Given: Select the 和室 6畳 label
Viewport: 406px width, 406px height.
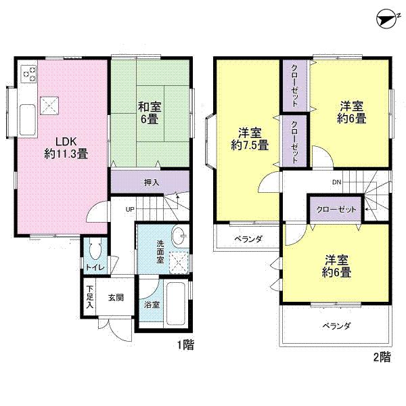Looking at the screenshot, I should click(x=150, y=111).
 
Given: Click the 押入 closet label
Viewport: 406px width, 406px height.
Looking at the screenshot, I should click(x=152, y=182).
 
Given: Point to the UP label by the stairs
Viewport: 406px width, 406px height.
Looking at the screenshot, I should click(x=129, y=209).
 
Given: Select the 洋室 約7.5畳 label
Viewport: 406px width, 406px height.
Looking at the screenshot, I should click(x=248, y=138).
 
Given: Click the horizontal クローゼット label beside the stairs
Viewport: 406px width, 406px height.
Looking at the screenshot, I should click(x=336, y=210).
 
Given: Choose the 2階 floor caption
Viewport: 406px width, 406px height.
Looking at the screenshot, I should click(x=380, y=357).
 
